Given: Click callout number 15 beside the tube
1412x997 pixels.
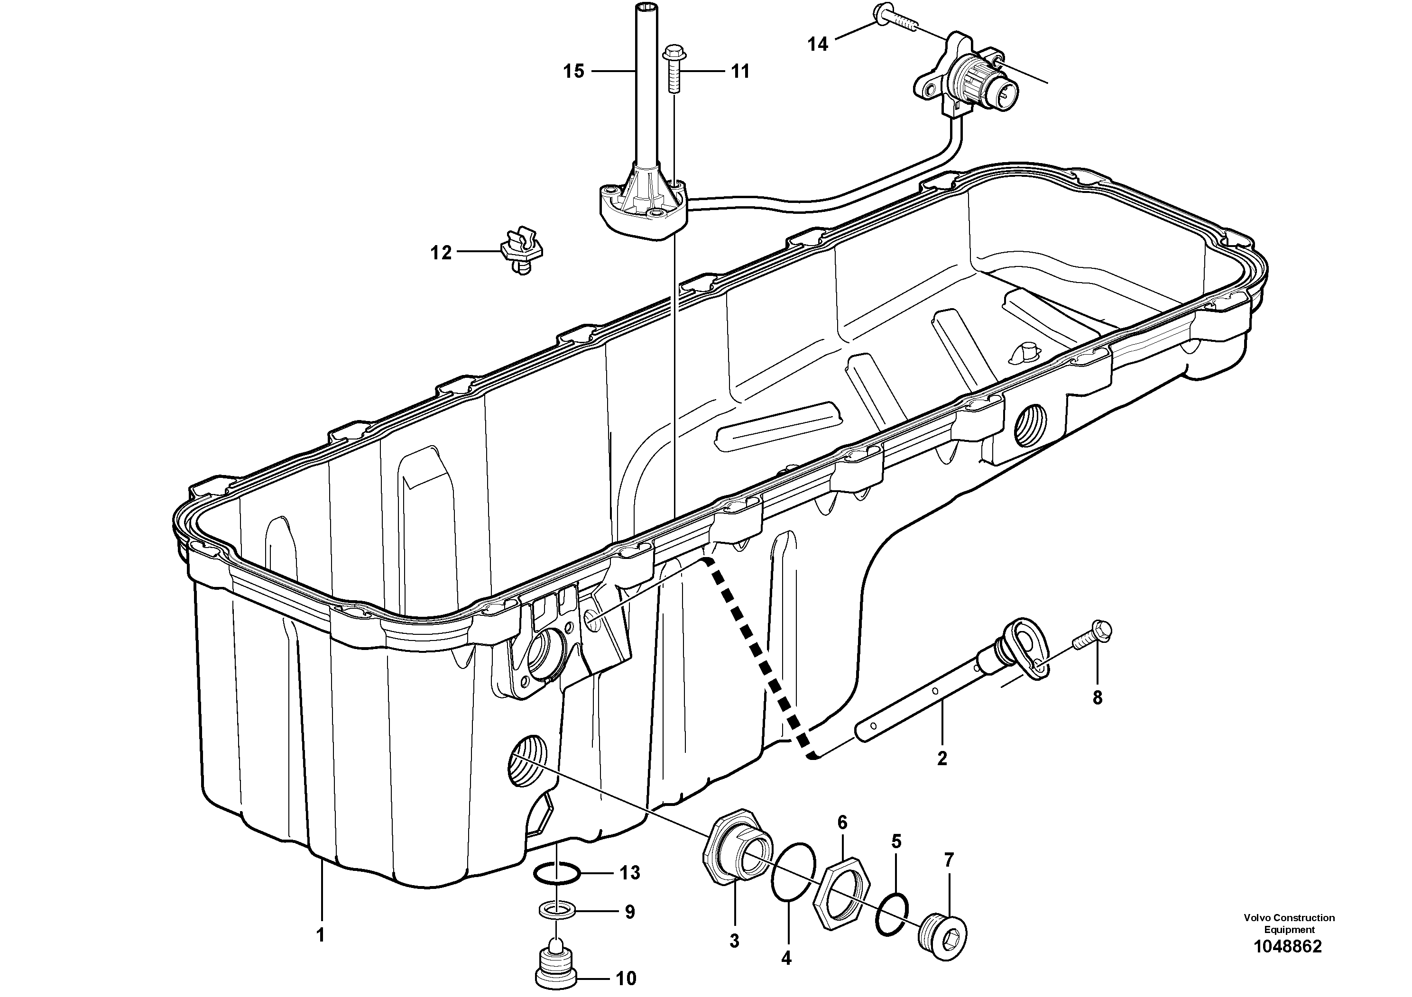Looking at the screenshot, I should coord(573,72).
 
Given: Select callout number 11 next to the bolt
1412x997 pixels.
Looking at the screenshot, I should coord(740,72).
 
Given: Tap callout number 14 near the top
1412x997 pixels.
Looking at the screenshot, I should coord(817,44).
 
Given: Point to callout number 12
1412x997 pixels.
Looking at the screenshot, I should coord(440,253).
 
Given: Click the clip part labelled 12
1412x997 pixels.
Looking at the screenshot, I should coord(522,251).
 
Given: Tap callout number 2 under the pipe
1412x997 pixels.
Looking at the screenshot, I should coord(941,759).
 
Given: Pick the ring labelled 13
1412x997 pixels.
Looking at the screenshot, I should coord(556,872).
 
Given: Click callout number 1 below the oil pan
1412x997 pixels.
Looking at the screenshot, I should coord(320,935).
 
